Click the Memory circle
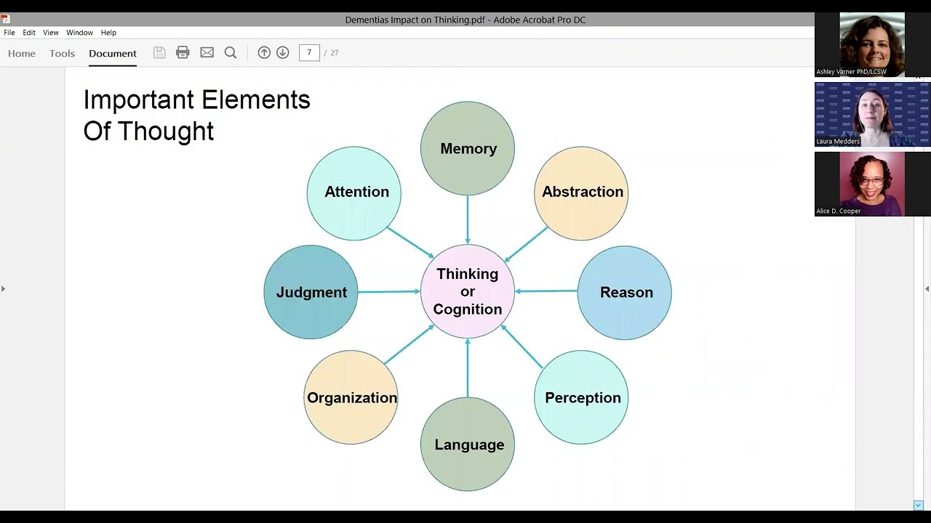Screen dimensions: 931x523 pos(468,149)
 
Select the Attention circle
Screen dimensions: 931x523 pos(354,192)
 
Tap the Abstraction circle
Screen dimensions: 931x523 pos(581,192)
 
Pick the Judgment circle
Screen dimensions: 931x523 pos(311,292)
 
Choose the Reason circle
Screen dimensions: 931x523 pos(625,292)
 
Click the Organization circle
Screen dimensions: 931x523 pos(351,397)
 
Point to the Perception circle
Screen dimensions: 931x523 pos(581,397)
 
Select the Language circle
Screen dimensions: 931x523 pos(468,445)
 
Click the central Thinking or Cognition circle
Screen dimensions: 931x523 pos(468,291)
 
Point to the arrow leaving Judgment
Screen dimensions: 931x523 pos(389,292)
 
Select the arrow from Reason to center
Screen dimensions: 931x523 pos(546,291)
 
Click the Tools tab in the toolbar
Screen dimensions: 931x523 pos(62,53)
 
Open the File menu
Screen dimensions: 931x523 pos(9,33)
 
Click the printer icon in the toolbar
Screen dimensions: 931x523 pos(183,52)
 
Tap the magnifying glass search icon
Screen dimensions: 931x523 pos(231,52)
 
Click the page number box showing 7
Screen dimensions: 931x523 pos(309,52)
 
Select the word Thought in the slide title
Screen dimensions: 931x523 pos(166,131)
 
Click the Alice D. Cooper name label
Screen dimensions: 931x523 pos(839,211)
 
